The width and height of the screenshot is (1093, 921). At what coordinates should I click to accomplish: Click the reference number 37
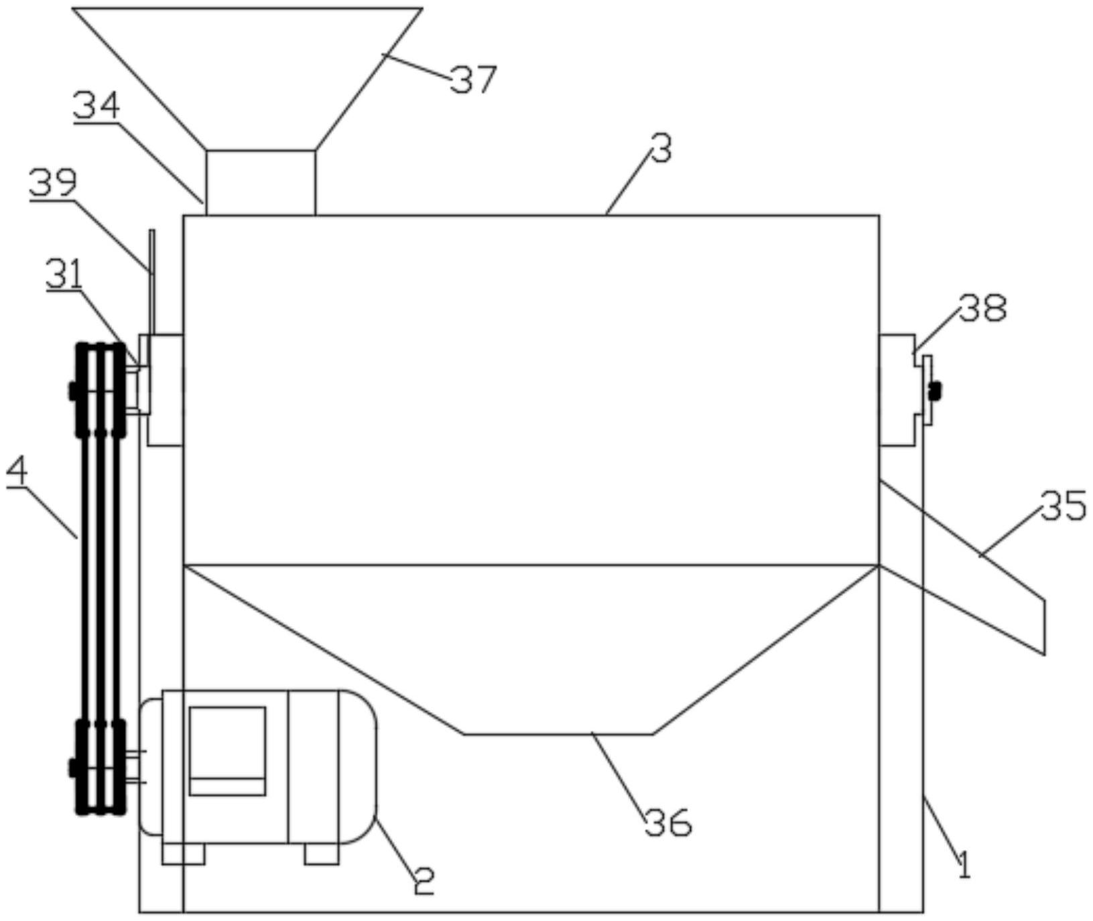(x=473, y=79)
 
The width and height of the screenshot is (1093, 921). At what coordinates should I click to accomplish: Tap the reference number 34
(x=97, y=106)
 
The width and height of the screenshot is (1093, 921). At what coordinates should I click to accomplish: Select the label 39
(x=53, y=184)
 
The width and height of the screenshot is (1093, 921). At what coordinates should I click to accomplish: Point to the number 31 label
(x=64, y=275)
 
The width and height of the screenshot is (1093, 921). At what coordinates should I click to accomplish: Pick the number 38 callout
(x=982, y=308)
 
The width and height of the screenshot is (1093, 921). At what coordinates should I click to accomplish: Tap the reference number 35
(x=1064, y=506)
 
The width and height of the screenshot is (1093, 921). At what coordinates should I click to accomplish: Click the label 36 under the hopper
(x=668, y=822)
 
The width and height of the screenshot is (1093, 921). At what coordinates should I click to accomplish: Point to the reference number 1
(x=963, y=865)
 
